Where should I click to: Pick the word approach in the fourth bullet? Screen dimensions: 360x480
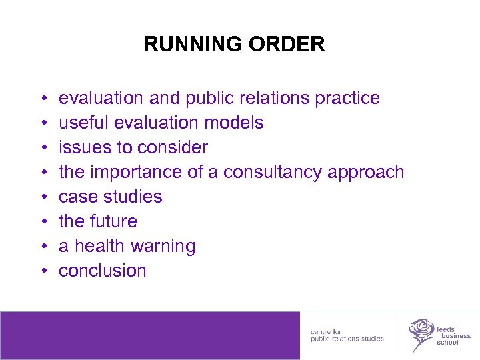(x=365, y=173)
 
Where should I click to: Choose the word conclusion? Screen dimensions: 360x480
(x=103, y=271)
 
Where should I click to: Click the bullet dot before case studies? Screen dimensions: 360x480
(x=43, y=197)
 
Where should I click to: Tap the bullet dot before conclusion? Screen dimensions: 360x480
(x=43, y=271)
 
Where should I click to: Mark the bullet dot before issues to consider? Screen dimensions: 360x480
(x=43, y=148)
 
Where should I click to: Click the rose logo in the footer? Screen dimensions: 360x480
(x=421, y=333)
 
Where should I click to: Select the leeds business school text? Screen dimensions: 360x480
(x=453, y=335)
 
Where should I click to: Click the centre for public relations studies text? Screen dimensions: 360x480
(x=347, y=335)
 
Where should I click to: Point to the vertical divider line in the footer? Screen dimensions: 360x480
(x=397, y=335)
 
